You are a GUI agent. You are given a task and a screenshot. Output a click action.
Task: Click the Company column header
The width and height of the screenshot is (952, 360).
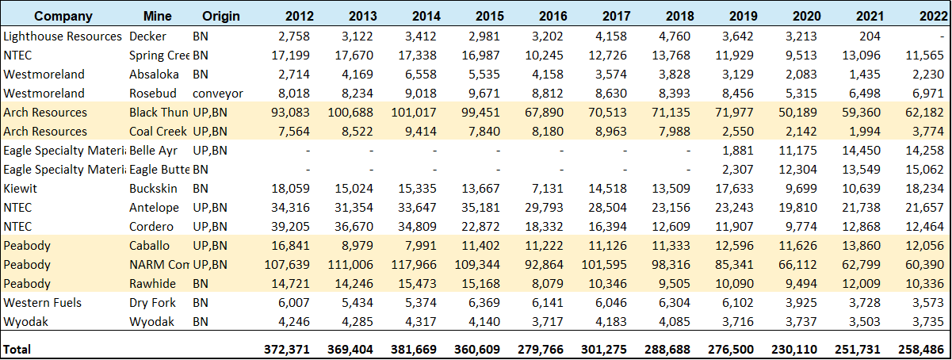[63, 16]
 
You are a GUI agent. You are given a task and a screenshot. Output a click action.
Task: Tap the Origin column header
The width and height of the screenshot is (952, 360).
[221, 16]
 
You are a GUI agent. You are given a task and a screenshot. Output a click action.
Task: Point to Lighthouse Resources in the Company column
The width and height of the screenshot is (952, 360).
[63, 36]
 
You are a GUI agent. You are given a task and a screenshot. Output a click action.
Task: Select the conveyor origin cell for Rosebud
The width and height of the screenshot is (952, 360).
[218, 94]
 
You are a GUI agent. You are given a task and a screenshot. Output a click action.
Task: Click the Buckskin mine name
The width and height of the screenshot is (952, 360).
[154, 189]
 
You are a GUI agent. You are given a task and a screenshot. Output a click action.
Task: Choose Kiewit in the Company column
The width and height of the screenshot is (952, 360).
[21, 189]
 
